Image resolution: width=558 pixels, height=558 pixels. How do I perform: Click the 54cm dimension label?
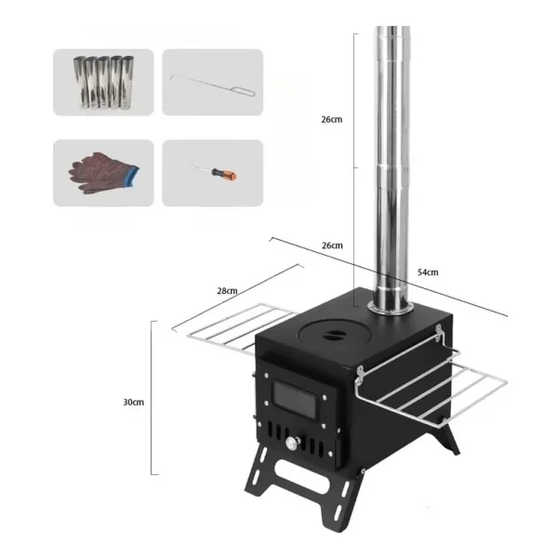(428, 272)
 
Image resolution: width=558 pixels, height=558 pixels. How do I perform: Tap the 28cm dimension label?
(227, 291)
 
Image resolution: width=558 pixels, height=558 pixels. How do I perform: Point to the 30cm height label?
(133, 402)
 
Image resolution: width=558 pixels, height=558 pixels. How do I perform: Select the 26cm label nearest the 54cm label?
(332, 246)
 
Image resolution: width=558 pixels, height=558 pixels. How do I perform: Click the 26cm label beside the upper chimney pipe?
(332, 119)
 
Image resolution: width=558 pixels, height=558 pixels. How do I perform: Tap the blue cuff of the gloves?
(133, 176)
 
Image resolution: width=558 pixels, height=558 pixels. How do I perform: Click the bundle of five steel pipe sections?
(103, 82)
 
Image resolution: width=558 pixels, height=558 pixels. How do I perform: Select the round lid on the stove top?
(335, 335)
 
